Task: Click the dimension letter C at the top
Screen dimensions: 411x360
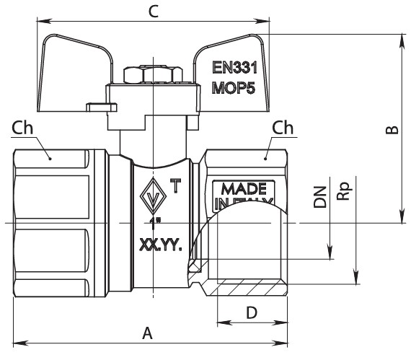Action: click(x=154, y=12)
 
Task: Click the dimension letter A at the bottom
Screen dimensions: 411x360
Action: click(x=147, y=333)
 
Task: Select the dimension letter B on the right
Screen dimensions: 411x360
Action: click(x=392, y=130)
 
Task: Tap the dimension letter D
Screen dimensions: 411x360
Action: click(x=252, y=312)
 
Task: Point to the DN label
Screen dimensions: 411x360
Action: click(x=320, y=197)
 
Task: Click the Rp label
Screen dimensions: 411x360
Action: click(x=344, y=191)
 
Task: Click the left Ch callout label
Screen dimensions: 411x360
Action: click(x=22, y=128)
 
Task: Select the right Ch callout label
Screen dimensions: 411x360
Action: click(x=283, y=128)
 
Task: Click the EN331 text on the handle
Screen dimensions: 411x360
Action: click(x=234, y=67)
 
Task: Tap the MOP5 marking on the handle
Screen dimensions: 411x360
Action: click(x=234, y=88)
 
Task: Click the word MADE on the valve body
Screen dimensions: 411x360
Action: click(x=244, y=189)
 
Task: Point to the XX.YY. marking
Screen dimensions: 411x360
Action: click(x=160, y=245)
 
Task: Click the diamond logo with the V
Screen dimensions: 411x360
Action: click(x=153, y=196)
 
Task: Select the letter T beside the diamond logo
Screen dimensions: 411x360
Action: click(x=175, y=185)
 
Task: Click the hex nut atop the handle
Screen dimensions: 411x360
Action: click(x=153, y=75)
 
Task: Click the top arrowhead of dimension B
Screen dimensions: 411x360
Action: click(x=402, y=41)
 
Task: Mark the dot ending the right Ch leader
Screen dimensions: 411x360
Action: click(x=265, y=159)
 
